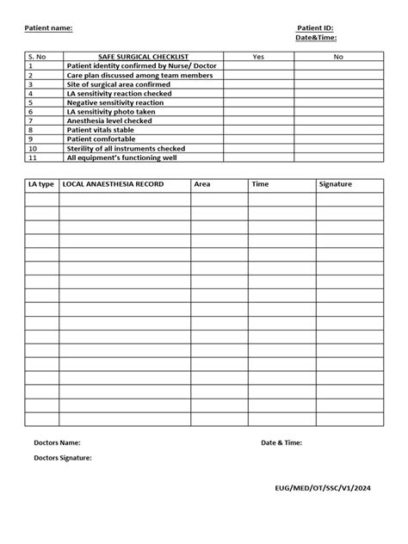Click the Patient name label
point(48,28)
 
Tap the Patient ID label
point(315,28)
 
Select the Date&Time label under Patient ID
point(316,37)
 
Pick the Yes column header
point(258,56)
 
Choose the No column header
point(338,56)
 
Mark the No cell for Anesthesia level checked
point(338,121)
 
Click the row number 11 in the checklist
point(33,158)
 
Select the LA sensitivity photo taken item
point(111,112)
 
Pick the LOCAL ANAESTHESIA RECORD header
point(113,185)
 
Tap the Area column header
point(202,185)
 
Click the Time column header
point(260,185)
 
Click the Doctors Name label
point(57,442)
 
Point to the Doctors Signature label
point(63,458)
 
